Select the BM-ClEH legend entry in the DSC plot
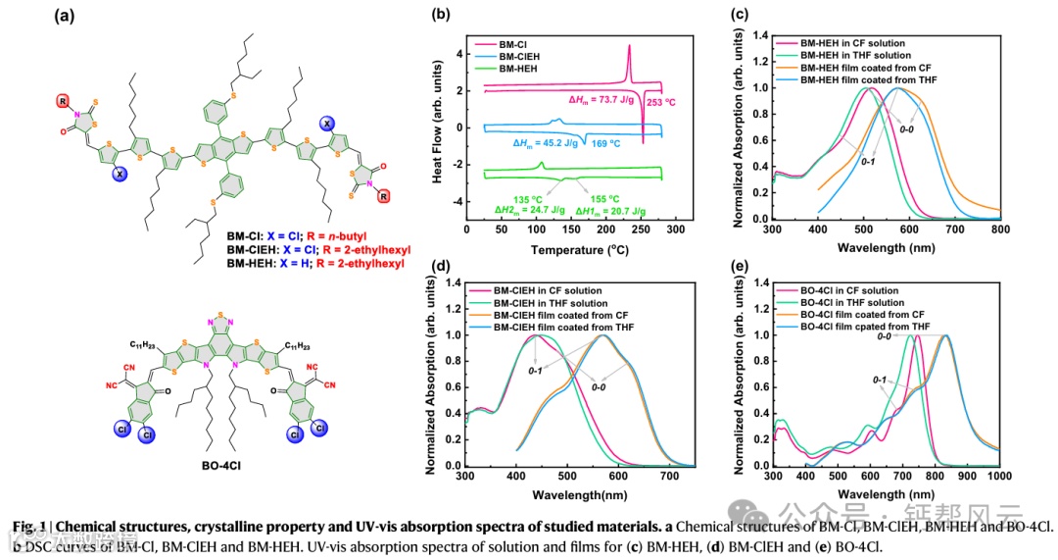click(x=523, y=57)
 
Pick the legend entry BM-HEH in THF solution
click(x=855, y=56)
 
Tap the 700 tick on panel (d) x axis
click(x=669, y=477)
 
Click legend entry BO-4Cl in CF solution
click(x=851, y=290)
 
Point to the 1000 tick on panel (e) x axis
click(x=997, y=477)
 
